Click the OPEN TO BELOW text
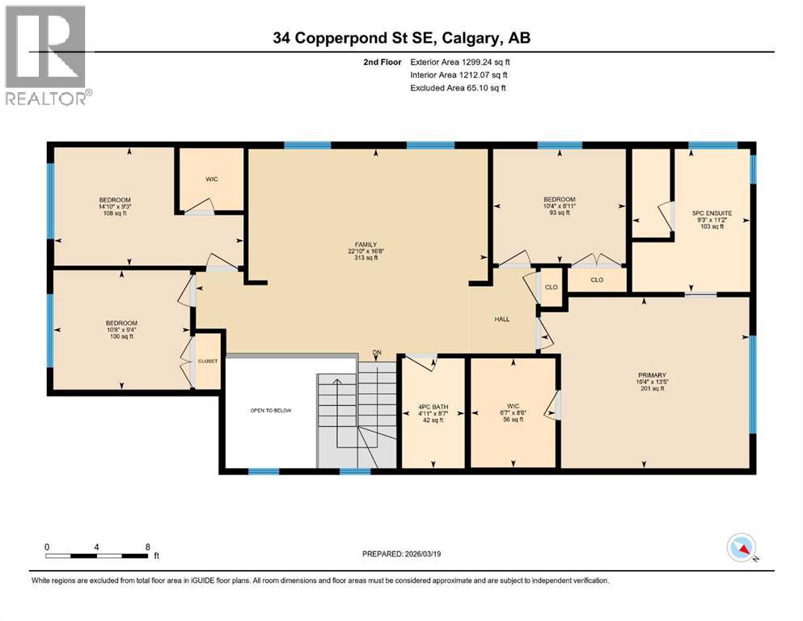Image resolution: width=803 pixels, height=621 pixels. (270, 411)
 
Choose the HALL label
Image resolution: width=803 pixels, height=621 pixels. (502, 319)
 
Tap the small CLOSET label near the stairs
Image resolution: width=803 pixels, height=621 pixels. (208, 361)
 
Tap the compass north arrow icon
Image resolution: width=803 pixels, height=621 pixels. (742, 548)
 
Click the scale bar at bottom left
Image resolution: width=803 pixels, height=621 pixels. (97, 556)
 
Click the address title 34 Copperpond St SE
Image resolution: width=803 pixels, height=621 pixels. (401, 37)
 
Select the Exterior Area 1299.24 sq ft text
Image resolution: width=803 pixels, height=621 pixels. (459, 61)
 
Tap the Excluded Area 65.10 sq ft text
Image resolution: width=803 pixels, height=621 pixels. (459, 88)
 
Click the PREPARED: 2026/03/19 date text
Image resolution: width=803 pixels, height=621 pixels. (403, 554)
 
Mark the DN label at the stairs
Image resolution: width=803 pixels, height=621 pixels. (376, 353)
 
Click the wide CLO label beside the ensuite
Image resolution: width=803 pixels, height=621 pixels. (597, 280)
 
